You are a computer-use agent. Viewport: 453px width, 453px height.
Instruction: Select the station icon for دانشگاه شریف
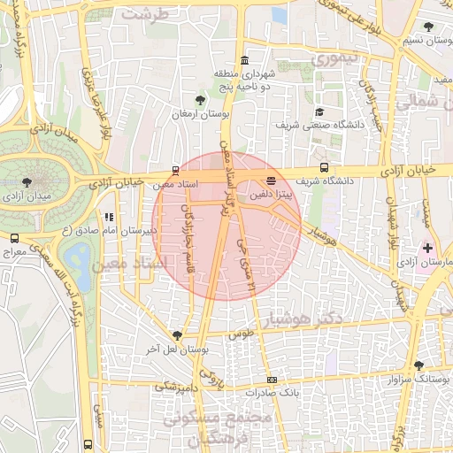click(x=325, y=166)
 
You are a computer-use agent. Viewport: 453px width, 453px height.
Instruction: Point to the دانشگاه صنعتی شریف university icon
click(x=319, y=111)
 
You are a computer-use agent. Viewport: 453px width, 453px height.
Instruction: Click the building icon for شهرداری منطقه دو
click(x=244, y=59)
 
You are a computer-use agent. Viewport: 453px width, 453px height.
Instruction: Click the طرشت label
click(x=144, y=14)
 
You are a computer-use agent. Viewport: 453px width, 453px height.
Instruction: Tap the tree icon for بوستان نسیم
click(x=429, y=27)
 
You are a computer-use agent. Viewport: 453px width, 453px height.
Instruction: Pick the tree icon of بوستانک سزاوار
click(x=418, y=365)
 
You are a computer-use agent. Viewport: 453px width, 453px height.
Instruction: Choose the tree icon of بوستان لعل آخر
click(x=178, y=334)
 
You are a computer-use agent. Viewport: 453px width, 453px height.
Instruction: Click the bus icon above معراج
click(x=15, y=238)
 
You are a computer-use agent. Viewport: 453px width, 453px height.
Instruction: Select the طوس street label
click(x=241, y=334)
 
